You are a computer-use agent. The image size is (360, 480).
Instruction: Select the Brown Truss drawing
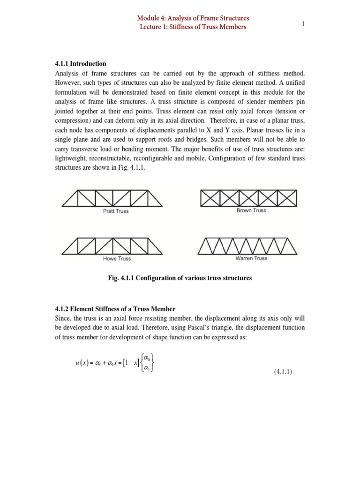(x=248, y=198)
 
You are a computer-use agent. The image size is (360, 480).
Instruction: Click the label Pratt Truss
(x=116, y=211)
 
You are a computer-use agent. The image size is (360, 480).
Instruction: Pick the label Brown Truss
(x=251, y=210)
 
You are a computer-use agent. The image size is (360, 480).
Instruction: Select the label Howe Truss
(x=117, y=259)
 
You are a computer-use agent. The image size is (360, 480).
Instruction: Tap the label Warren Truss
(x=251, y=258)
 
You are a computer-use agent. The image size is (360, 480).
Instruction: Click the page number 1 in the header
(x=303, y=24)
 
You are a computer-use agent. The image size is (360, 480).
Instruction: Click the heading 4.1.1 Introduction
(x=81, y=63)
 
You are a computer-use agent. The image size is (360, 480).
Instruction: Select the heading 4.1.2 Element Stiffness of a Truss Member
(x=115, y=308)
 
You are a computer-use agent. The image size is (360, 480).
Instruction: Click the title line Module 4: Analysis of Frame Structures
(x=193, y=18)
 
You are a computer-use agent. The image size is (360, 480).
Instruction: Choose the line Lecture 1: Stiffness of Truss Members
(x=193, y=27)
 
